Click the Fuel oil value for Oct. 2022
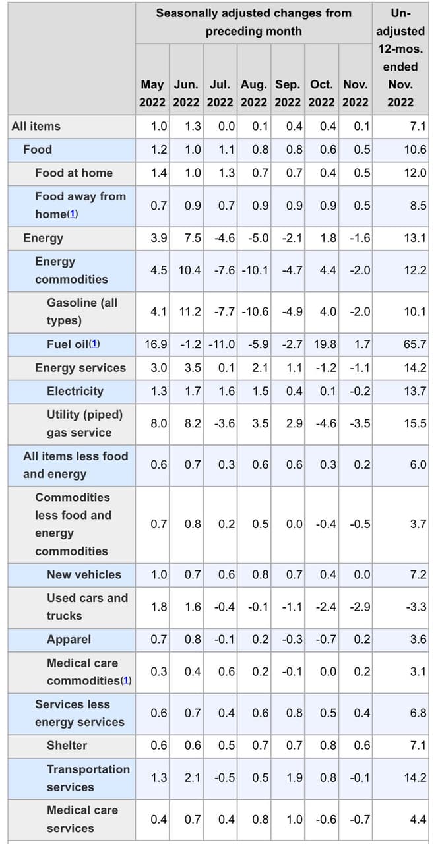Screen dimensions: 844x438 click(323, 344)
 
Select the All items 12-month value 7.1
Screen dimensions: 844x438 click(418, 126)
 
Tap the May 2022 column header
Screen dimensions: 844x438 click(152, 94)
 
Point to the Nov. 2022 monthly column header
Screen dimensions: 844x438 click(356, 94)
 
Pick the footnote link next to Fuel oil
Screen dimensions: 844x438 click(94, 344)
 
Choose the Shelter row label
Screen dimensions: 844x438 click(67, 746)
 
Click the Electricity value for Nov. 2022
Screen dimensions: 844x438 click(359, 391)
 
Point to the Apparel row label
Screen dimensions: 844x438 click(69, 640)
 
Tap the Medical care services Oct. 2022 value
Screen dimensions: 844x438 click(323, 819)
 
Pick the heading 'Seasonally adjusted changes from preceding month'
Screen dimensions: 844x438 click(254, 22)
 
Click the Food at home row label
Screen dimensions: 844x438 click(74, 173)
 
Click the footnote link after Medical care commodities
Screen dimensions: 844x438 click(127, 680)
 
